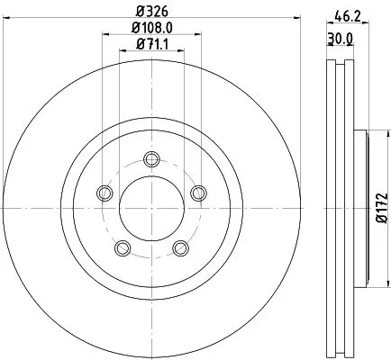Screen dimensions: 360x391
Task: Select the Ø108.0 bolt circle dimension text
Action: (150, 29)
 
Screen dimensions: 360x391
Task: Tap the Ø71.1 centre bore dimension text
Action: (150, 44)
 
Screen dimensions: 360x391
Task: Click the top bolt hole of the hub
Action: (150, 161)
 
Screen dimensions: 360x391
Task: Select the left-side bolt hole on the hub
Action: (105, 193)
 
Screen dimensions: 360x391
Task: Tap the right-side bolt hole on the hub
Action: (196, 191)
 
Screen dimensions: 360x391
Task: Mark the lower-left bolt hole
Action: (122, 247)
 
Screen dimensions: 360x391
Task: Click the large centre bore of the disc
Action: (150, 208)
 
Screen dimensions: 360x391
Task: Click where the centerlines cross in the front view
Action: (150, 208)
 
